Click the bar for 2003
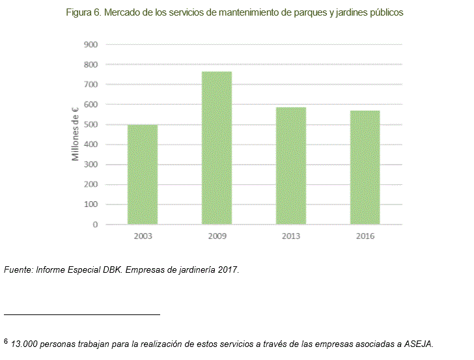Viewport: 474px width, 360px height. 142,174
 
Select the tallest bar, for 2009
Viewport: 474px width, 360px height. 217,148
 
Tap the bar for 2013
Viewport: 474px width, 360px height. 291,166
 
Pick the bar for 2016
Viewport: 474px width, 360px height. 365,167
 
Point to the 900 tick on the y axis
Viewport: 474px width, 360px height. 91,44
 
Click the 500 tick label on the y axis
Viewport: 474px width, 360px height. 91,124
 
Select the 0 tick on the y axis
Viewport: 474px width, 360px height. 95,225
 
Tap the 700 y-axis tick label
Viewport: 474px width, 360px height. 91,85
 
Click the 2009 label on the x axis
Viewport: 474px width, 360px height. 217,236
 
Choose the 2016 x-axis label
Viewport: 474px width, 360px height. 365,236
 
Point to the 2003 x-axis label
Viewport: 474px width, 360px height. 142,236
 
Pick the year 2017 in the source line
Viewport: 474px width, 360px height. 227,270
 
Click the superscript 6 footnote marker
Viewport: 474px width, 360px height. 6,340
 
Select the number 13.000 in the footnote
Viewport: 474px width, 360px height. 24,344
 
